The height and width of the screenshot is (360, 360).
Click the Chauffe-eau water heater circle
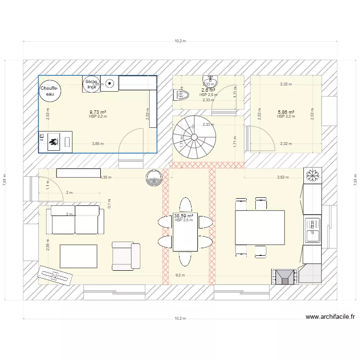coord(50,91)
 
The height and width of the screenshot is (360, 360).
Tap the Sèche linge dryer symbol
coord(91,84)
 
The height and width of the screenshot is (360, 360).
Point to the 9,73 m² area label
coord(97,112)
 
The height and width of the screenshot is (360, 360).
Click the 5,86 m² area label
coord(286,112)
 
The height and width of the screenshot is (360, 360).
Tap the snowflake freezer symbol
coord(312,176)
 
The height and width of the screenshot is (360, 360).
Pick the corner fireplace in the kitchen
coord(285,277)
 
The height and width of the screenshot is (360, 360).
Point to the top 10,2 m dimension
coord(180,41)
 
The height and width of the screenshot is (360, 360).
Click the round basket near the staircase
coord(154,178)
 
